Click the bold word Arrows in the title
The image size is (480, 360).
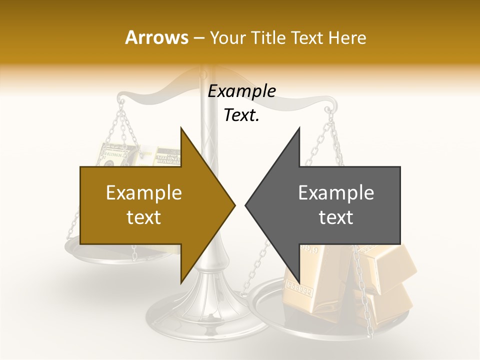click(157, 37)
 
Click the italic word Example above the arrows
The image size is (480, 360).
click(241, 91)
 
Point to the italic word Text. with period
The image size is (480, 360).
click(241, 115)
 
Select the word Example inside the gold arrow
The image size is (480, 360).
click(144, 193)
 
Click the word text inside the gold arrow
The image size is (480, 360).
click(144, 217)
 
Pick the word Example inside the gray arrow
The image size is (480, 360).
click(336, 193)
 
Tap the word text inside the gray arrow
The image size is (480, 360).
click(336, 217)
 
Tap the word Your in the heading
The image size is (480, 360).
click(227, 37)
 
